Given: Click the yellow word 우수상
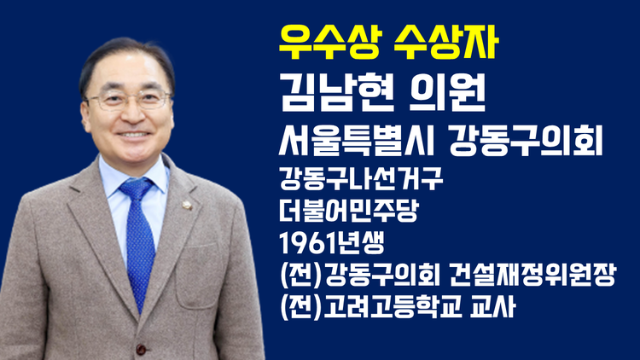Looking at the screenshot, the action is click(329, 43).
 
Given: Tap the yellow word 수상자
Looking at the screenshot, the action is click(445, 43).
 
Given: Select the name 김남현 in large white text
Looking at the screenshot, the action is click(337, 94).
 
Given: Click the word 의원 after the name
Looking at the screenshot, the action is click(447, 94).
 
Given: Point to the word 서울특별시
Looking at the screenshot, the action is click(356, 141).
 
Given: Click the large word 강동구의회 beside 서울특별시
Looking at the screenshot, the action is click(527, 141).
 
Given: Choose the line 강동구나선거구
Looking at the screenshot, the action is click(361, 179).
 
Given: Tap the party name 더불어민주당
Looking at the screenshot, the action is click(349, 211).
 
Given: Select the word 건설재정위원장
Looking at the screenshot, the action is click(532, 275).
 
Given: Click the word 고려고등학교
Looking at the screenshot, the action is click(393, 307).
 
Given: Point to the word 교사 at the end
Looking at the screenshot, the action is click(492, 307).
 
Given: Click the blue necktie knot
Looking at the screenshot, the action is click(136, 189).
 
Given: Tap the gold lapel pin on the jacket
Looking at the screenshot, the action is click(188, 205).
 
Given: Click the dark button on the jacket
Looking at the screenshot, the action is click(141, 350).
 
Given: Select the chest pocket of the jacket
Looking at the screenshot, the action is click(199, 276).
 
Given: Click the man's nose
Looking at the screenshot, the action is click(132, 113).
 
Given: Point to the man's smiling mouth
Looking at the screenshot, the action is click(133, 134).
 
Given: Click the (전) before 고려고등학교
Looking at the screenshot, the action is click(301, 307).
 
